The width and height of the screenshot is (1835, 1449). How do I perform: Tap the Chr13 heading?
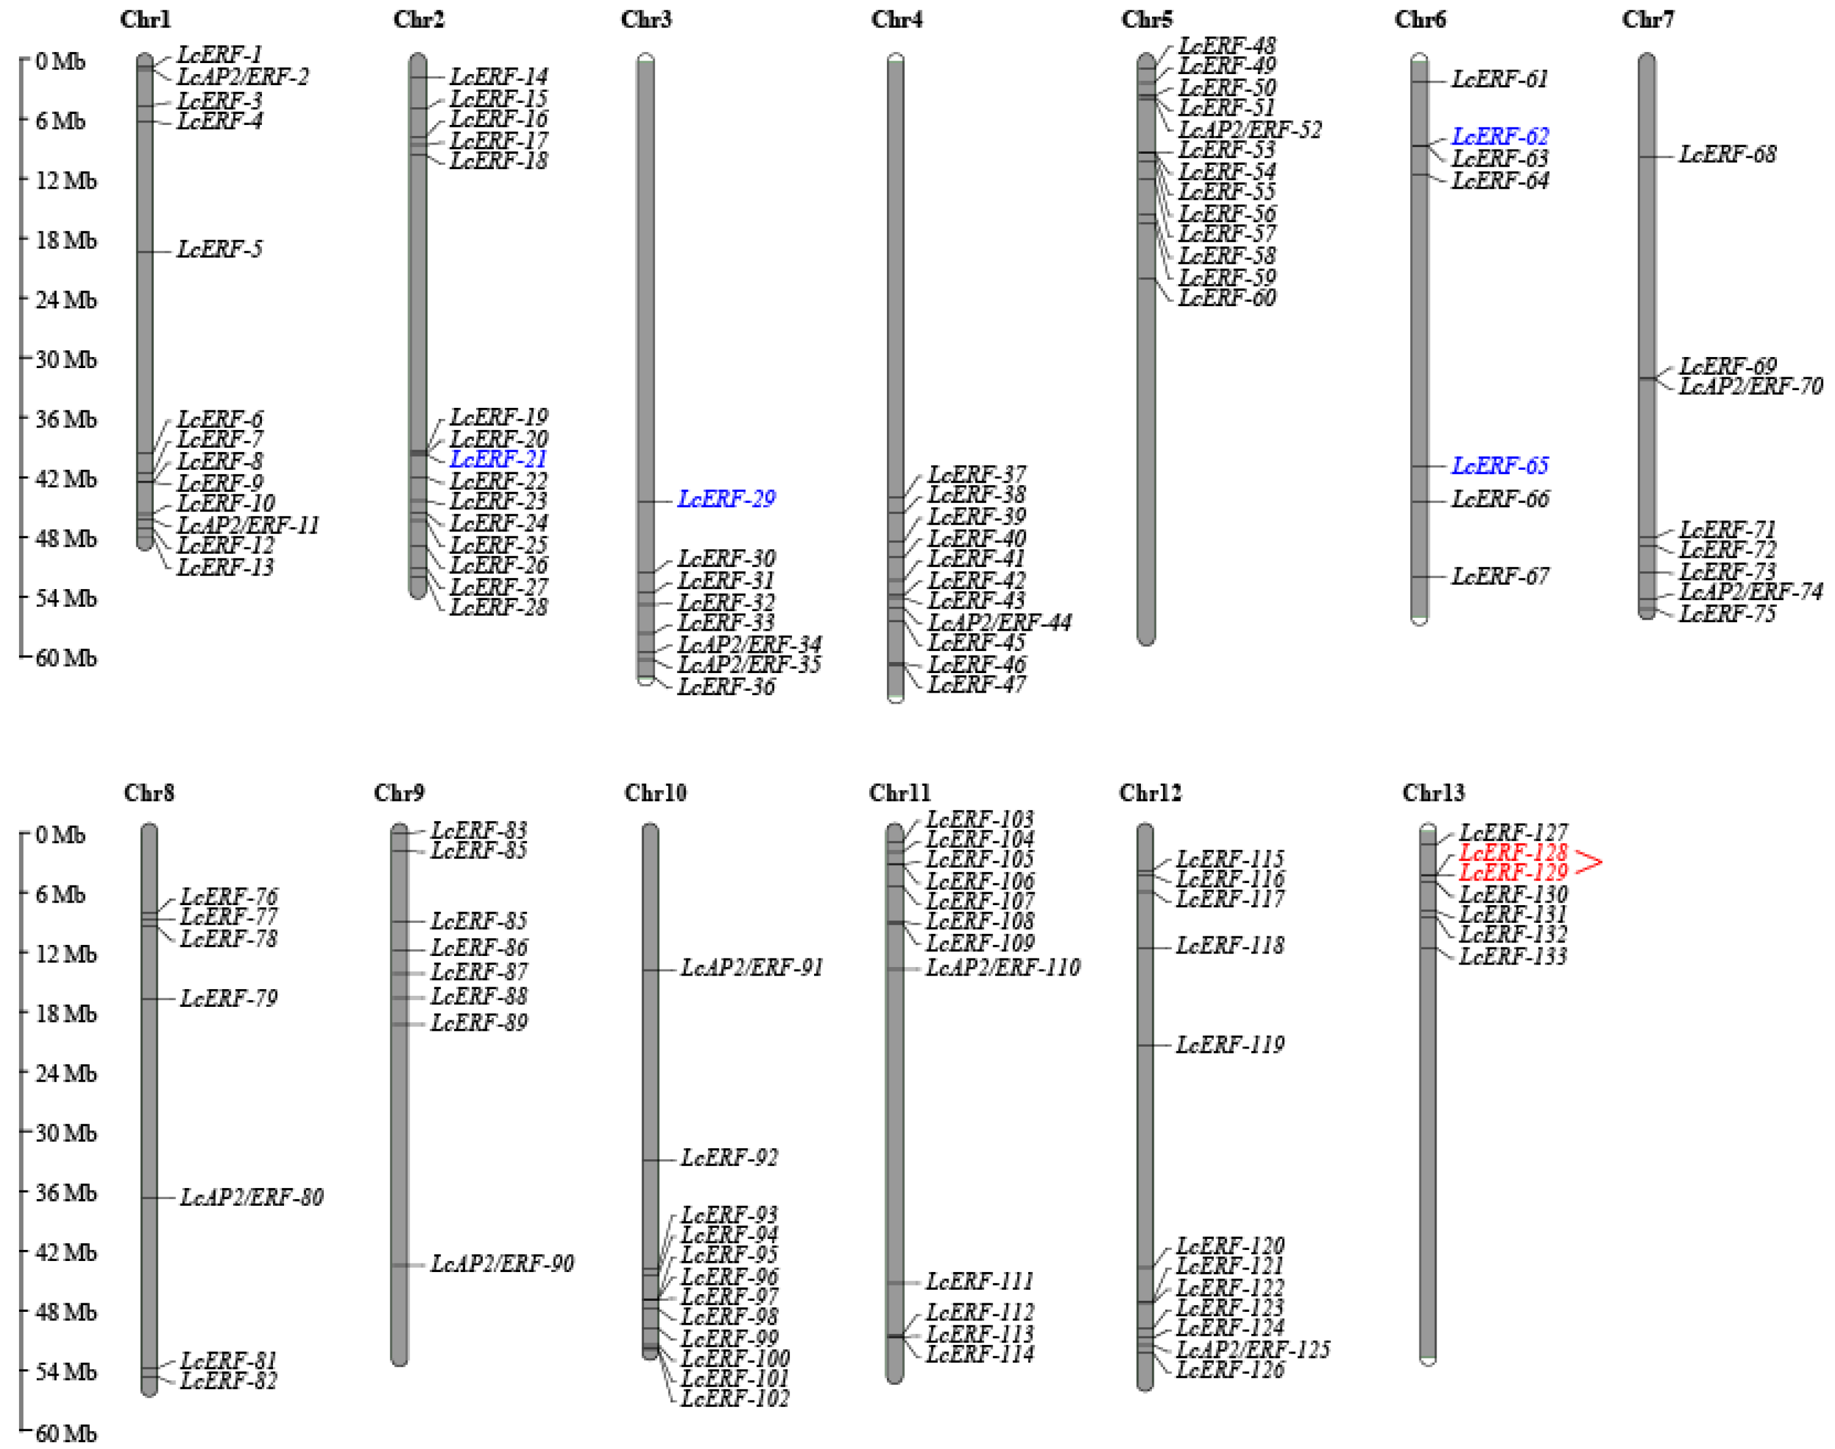(1433, 793)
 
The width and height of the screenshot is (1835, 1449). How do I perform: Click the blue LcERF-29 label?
(726, 499)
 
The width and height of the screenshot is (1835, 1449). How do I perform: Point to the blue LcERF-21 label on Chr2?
(498, 459)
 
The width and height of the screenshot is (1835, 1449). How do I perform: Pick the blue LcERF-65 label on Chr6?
(1499, 465)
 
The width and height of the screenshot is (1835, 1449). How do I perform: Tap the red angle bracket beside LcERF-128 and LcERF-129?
(1588, 863)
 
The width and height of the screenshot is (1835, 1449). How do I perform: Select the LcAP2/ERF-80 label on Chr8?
(251, 1197)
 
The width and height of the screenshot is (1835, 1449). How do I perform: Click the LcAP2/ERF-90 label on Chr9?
(501, 1264)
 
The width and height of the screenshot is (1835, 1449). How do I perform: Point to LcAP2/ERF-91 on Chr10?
(751, 968)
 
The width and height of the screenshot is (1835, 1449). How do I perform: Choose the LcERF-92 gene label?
(728, 1158)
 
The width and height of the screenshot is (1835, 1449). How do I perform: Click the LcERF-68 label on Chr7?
(1727, 154)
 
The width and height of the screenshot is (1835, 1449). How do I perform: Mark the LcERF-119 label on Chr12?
(1230, 1044)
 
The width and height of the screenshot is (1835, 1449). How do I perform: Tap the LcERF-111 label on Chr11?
(979, 1281)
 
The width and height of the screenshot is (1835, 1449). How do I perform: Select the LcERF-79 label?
(228, 998)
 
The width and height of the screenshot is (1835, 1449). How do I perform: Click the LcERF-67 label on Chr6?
(1499, 577)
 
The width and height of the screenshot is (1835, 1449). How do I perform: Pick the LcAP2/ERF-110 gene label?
(1003, 968)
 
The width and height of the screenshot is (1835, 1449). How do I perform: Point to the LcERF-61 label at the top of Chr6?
(1499, 80)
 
